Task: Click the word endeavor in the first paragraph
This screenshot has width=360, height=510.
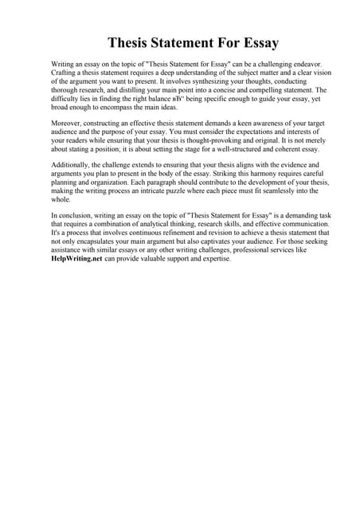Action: coord(300,63)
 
